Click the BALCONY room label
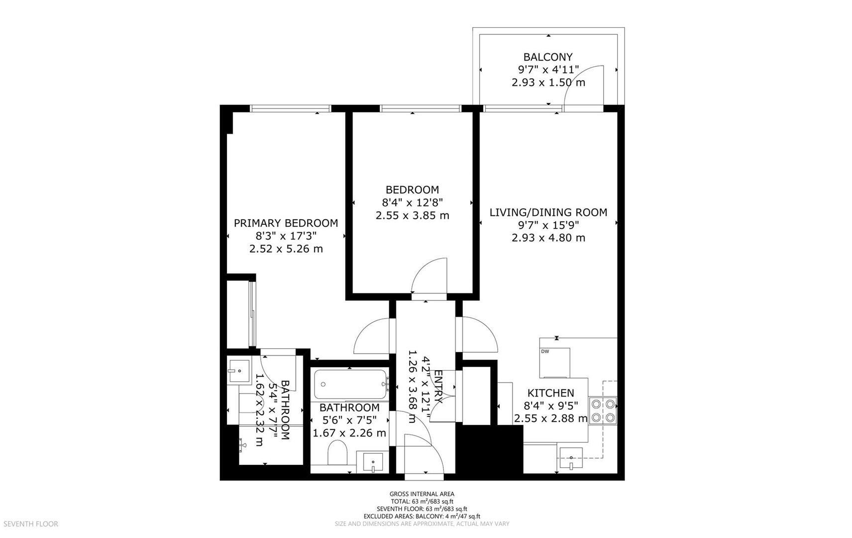point(548,57)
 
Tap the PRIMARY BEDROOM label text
point(286,223)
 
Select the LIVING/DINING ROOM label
point(548,212)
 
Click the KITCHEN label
point(550,393)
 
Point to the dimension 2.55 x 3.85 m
point(412,216)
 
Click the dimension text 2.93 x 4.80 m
point(548,238)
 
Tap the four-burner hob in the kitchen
point(603,410)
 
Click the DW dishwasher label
point(545,351)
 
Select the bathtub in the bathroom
point(350,384)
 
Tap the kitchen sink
point(571,458)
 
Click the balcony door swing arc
point(587,80)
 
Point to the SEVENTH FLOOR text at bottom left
point(31,524)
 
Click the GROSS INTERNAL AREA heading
point(422,494)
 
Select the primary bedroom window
point(290,109)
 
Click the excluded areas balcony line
point(422,517)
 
